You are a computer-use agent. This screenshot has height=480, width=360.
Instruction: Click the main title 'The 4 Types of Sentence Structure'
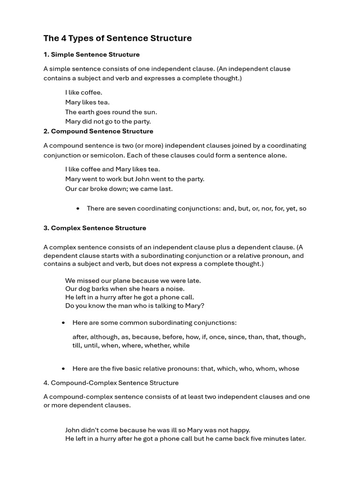(x=118, y=38)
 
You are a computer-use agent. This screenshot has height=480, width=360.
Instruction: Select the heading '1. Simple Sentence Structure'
(x=91, y=55)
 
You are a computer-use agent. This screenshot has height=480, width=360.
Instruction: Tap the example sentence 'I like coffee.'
(x=83, y=92)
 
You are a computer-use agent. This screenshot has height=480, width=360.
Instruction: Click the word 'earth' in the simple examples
(x=87, y=112)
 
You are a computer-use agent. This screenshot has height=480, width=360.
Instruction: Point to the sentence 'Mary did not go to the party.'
(x=108, y=121)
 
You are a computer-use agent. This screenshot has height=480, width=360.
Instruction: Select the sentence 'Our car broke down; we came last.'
(x=119, y=189)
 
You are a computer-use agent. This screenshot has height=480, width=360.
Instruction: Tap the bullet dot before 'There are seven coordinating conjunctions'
(x=77, y=209)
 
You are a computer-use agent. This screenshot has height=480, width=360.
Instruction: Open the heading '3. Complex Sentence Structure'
(x=95, y=228)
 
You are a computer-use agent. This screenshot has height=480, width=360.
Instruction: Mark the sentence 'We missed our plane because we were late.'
(x=133, y=281)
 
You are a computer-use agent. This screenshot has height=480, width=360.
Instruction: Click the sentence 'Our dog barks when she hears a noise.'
(x=125, y=289)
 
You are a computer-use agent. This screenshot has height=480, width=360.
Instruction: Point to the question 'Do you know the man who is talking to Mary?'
(x=135, y=306)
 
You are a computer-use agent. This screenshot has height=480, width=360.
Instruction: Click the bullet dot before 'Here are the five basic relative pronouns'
(x=63, y=369)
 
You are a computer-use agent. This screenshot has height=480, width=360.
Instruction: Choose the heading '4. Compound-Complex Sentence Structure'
(x=111, y=383)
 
